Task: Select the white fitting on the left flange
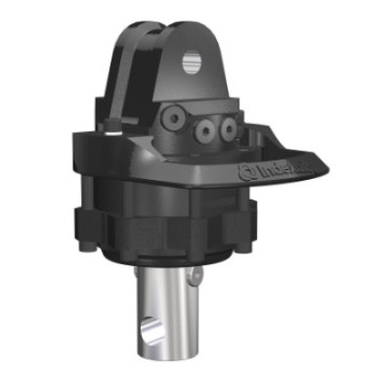(x=113, y=126)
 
